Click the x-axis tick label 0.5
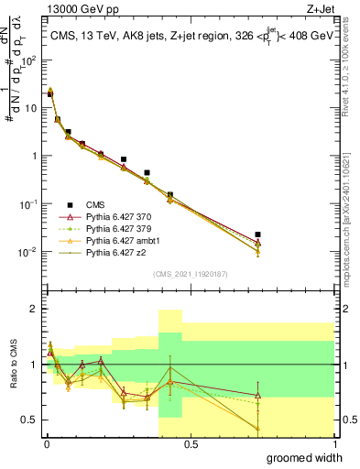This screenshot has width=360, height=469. tap(190, 442)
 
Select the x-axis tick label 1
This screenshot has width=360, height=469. tap(333, 442)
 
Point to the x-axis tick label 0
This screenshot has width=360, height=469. tap(46, 442)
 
